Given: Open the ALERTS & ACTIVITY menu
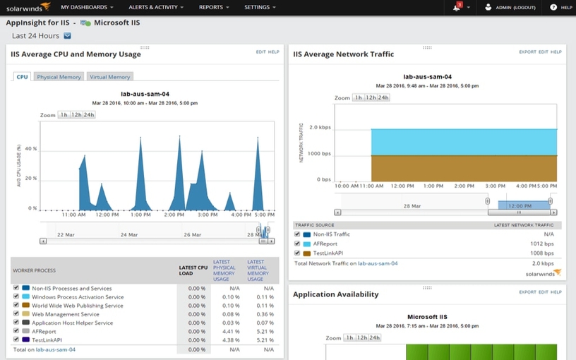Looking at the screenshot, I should tap(155, 7).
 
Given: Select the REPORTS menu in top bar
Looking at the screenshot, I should tap(214, 7).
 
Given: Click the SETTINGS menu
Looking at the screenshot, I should tap(259, 7).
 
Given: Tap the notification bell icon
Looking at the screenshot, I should tap(457, 7).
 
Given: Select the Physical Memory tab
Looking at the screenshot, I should tap(59, 77).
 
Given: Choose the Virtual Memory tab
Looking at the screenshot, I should tap(109, 77).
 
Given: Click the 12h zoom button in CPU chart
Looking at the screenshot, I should tap(76, 114).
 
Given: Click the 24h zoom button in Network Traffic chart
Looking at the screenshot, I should tap(383, 97).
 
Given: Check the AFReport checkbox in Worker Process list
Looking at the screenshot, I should tap(16, 331).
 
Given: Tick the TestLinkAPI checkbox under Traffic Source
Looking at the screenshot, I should tap(298, 252).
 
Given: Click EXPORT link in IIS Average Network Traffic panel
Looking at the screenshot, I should tap(527, 52).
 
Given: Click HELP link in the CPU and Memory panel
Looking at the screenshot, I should tap(274, 52).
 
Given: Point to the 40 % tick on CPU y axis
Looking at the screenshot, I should tap(31, 149).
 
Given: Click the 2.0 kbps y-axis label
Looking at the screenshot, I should tap(320, 128).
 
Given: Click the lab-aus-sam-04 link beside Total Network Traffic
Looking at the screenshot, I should tap(378, 263).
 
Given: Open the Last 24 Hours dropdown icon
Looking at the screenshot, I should tap(68, 35).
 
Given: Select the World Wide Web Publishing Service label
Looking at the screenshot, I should tap(78, 306).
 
